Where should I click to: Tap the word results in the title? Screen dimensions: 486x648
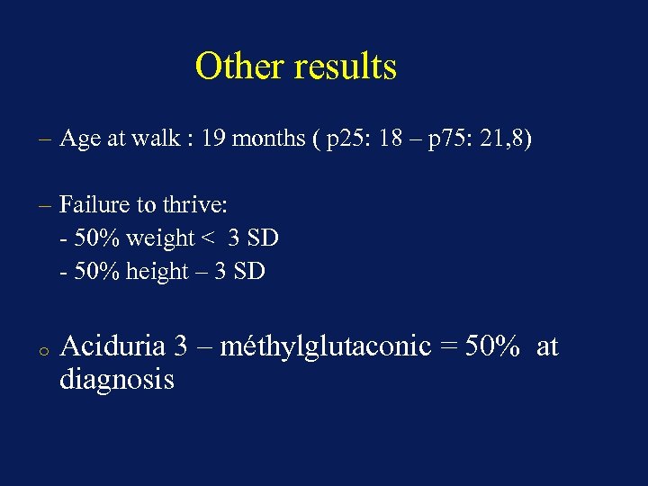[342, 67]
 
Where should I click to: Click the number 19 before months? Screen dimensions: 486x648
[213, 139]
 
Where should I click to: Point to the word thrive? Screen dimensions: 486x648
[194, 205]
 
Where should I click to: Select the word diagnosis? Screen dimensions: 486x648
[117, 380]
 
